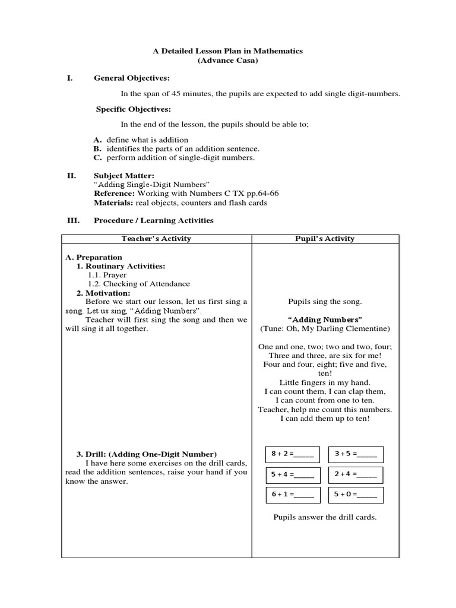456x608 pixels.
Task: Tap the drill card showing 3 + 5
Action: coord(356,454)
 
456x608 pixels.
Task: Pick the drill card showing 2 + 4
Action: coord(356,474)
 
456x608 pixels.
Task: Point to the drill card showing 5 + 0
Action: coord(356,495)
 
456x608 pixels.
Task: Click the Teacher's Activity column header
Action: coord(157,239)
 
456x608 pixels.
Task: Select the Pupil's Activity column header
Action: coord(325,239)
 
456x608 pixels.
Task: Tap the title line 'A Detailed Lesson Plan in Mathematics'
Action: coord(227,51)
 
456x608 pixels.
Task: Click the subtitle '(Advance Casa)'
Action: coord(227,61)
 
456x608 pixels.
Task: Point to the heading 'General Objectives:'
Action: coord(132,78)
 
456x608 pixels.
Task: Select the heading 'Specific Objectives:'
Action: coord(134,109)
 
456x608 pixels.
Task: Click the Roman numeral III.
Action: coord(73,220)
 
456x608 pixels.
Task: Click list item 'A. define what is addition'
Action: coord(140,140)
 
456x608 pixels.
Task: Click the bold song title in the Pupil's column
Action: coord(325,319)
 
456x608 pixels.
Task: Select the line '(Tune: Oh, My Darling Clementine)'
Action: coord(325,328)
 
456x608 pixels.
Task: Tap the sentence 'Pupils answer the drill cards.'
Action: coord(325,517)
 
